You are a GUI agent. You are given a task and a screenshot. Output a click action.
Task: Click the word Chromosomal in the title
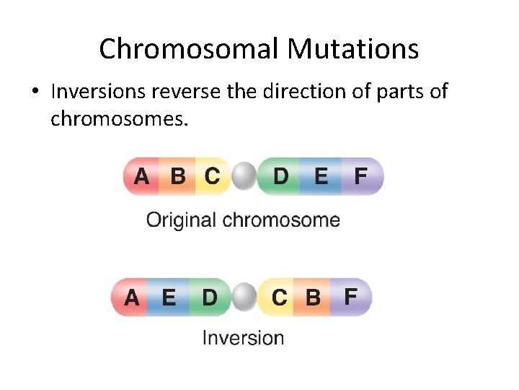pyautogui.click(x=190, y=49)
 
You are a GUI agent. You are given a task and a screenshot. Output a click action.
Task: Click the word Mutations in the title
pyautogui.click(x=352, y=49)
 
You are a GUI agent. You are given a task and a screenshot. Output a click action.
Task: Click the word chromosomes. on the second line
pyautogui.click(x=120, y=118)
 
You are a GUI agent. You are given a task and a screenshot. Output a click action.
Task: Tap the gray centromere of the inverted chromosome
pyautogui.click(x=245, y=297)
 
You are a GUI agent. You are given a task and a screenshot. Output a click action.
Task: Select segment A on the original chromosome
pyautogui.click(x=143, y=176)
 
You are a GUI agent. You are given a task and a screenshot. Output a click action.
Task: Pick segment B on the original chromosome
pyautogui.click(x=177, y=176)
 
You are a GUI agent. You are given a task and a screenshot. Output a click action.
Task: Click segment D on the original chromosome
pyautogui.click(x=282, y=176)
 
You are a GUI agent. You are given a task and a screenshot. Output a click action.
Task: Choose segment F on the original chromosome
pyautogui.click(x=360, y=176)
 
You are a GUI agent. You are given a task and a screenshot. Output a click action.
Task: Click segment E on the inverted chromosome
pyautogui.click(x=169, y=297)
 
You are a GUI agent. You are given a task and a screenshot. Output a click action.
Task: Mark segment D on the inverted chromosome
pyautogui.click(x=209, y=297)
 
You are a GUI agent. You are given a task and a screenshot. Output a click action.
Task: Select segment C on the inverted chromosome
pyautogui.click(x=279, y=297)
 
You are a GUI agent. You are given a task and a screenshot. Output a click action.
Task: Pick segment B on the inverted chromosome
pyautogui.click(x=313, y=297)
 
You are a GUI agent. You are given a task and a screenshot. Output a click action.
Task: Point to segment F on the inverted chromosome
pyautogui.click(x=350, y=297)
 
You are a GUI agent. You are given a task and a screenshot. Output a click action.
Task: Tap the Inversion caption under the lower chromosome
pyautogui.click(x=243, y=337)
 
